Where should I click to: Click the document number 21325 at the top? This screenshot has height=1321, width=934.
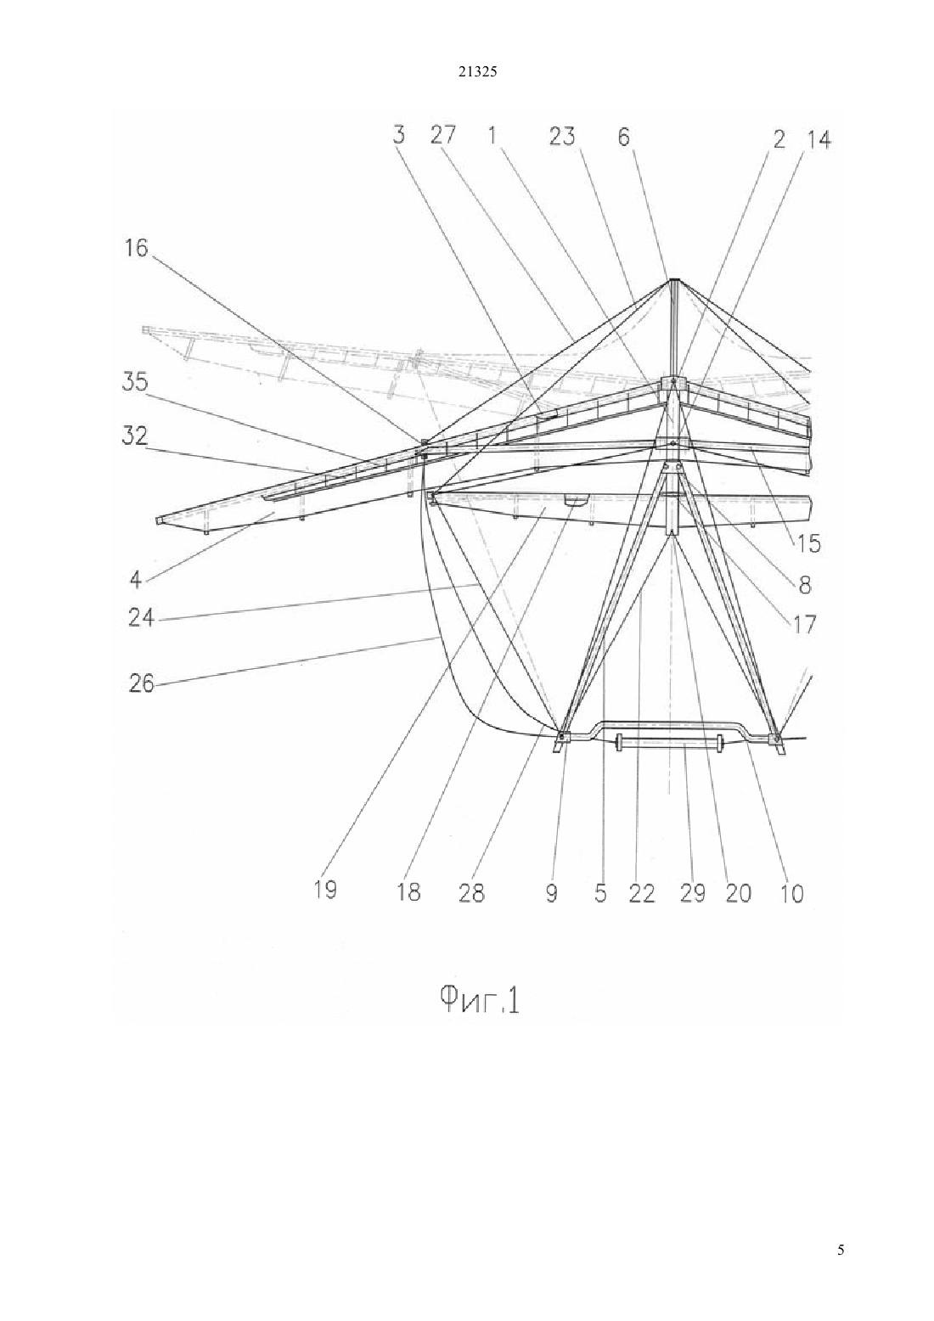[477, 72]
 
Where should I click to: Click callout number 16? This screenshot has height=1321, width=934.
[136, 248]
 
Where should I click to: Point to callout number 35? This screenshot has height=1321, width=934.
[135, 382]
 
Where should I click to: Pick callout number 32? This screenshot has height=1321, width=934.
[135, 437]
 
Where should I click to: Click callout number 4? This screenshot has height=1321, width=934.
[136, 580]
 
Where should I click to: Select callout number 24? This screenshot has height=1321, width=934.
[141, 618]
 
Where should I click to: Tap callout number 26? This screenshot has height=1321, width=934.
[141, 684]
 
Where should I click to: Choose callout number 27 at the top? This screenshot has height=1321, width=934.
[443, 136]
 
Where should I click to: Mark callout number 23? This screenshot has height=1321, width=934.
[562, 137]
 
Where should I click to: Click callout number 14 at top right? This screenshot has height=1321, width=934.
[819, 139]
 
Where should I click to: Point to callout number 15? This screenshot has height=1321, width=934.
[809, 543]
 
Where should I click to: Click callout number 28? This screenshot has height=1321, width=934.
[472, 893]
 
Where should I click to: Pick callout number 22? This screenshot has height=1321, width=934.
[642, 893]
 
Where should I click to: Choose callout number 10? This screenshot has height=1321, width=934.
[792, 893]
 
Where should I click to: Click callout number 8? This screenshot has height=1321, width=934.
[805, 585]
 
